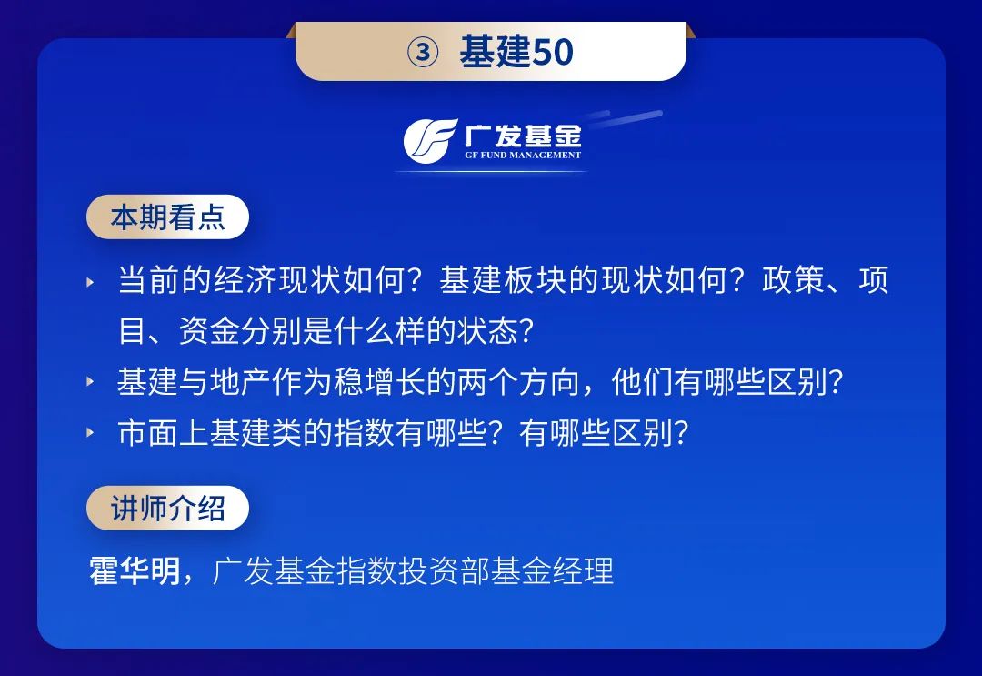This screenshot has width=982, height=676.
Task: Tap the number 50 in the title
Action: pyautogui.click(x=553, y=52)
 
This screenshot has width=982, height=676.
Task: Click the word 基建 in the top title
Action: pyautogui.click(x=496, y=51)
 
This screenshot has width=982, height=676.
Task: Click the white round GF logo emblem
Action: pyautogui.click(x=429, y=141)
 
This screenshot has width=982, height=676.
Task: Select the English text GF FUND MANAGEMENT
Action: pyautogui.click(x=523, y=156)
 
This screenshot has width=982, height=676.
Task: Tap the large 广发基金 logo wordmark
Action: pyautogui.click(x=523, y=136)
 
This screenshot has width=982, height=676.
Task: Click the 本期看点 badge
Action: pyautogui.click(x=167, y=217)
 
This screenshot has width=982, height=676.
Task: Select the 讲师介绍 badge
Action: pyautogui.click(x=167, y=508)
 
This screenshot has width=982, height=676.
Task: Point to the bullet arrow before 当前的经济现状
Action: pyautogui.click(x=90, y=282)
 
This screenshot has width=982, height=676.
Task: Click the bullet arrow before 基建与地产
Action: pyautogui.click(x=90, y=381)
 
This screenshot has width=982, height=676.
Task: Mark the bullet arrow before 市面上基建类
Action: pyautogui.click(x=90, y=431)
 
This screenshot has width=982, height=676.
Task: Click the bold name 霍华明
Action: pyautogui.click(x=135, y=570)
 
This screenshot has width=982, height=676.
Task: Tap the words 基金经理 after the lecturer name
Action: pyautogui.click(x=553, y=570)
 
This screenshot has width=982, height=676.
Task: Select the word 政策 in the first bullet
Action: pyautogui.click(x=792, y=280)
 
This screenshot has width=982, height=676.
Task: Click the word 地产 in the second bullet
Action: pyautogui.click(x=240, y=381)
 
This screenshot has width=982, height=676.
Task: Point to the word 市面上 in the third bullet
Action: pyautogui.click(x=164, y=432)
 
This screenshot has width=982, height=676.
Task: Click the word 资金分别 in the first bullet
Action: pyautogui.click(x=240, y=330)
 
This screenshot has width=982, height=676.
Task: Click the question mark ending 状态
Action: pyautogui.click(x=526, y=330)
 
